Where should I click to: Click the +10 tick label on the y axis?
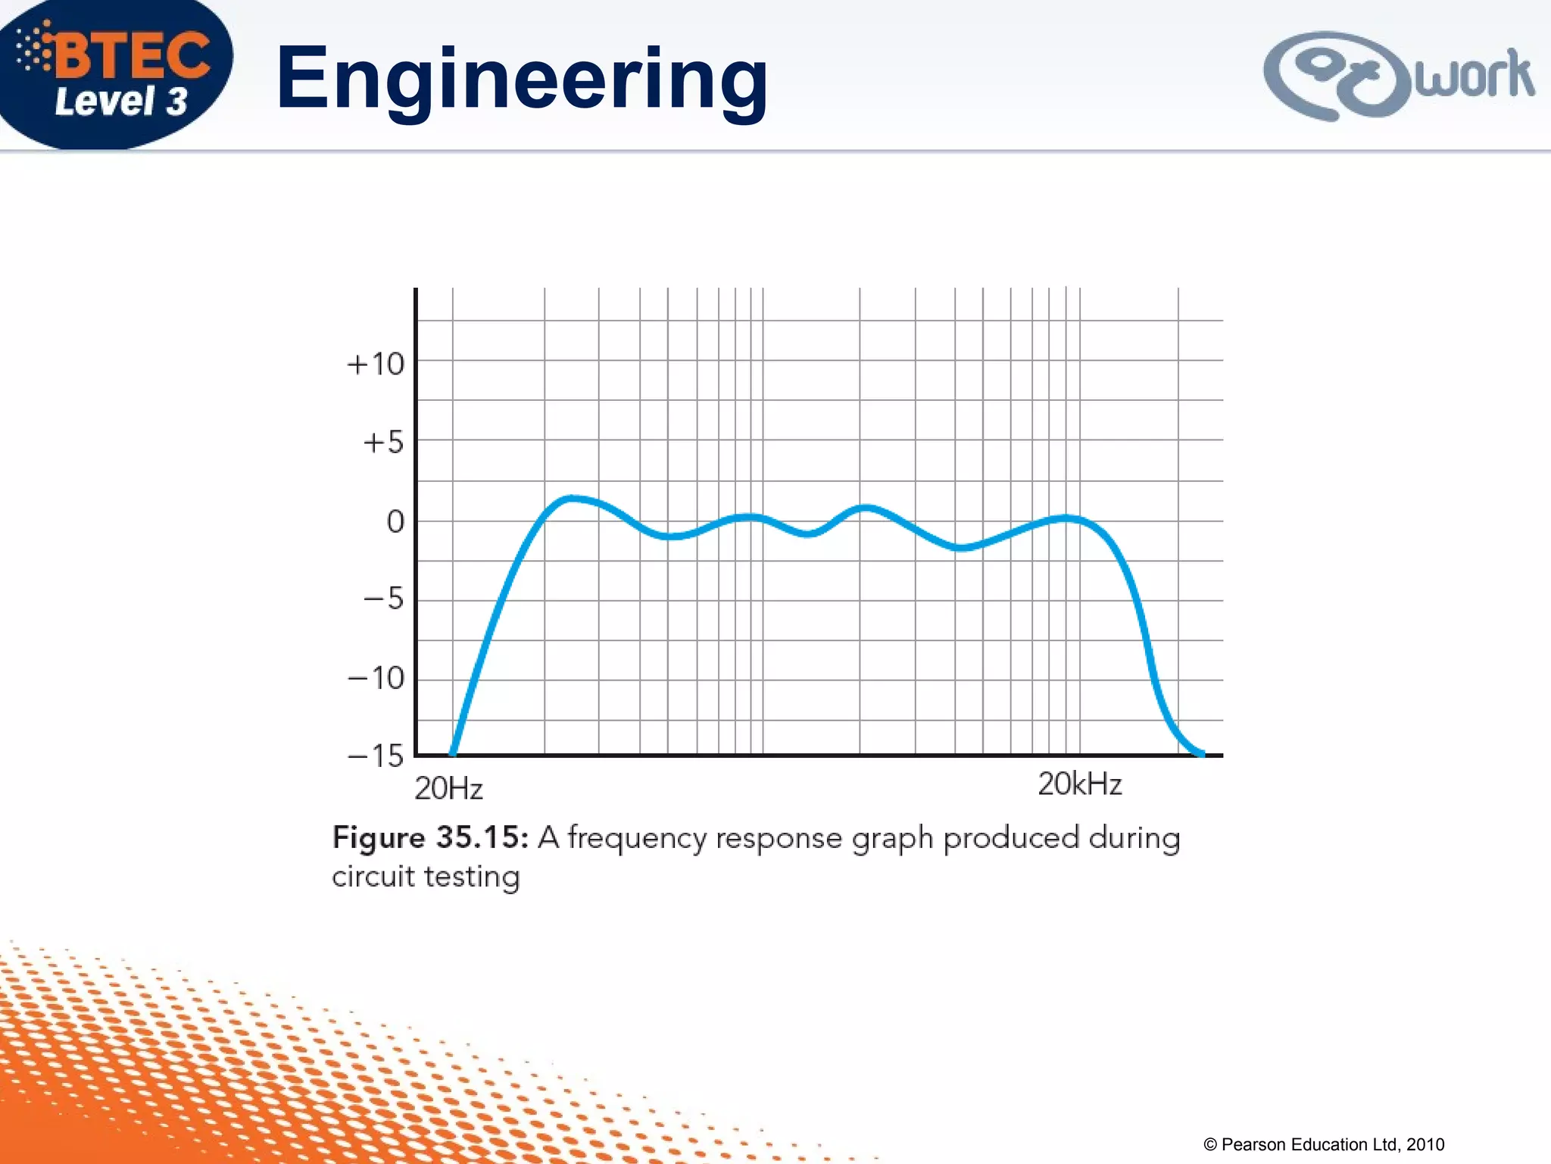coord(376,365)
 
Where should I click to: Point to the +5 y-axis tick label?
coord(383,443)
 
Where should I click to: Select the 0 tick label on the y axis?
coord(395,521)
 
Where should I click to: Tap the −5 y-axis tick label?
coord(383,599)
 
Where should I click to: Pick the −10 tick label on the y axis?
coord(376,678)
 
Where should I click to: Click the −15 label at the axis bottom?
coord(376,756)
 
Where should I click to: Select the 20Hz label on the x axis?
coord(448,789)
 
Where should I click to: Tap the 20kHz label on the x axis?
coord(1079,784)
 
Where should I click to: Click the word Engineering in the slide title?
coord(522,80)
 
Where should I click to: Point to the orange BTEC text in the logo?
coord(133,55)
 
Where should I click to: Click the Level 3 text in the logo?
coord(121,102)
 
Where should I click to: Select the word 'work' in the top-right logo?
coord(1474,76)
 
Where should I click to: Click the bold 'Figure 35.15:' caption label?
coord(430,838)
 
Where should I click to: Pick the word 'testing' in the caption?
coord(472,877)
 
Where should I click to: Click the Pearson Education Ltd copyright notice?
coord(1324,1144)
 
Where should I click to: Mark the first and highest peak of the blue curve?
coord(573,498)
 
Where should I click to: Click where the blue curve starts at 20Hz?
coord(453,753)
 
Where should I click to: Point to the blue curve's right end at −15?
coord(1201,753)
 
